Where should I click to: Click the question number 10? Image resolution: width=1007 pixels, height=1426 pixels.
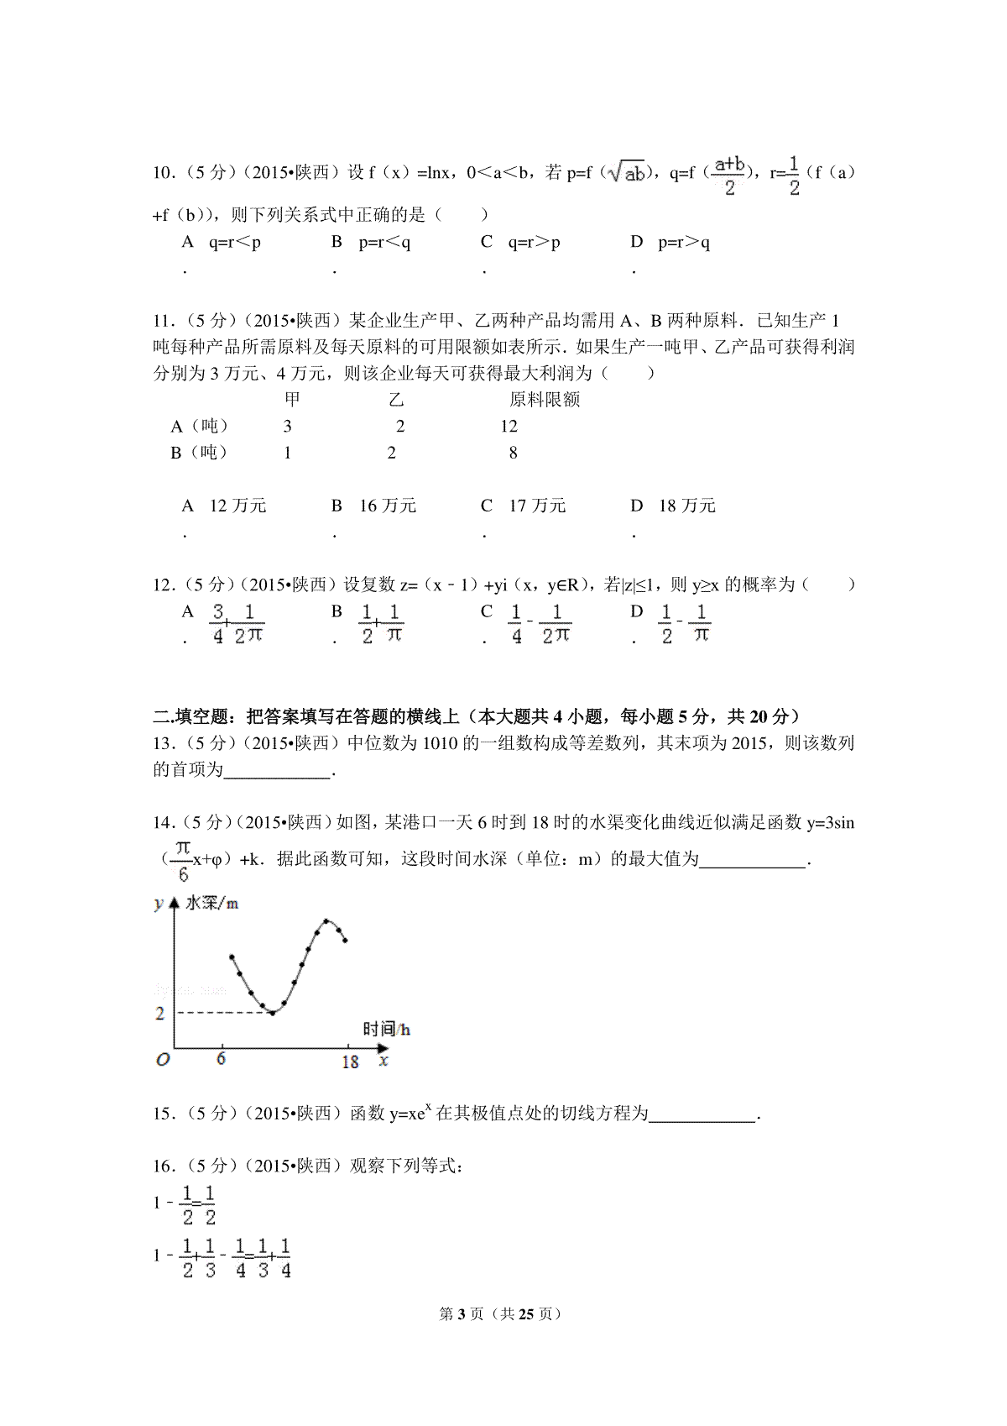click(162, 174)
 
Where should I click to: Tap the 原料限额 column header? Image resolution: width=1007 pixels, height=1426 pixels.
click(545, 400)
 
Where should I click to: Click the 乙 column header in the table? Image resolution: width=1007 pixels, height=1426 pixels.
click(396, 400)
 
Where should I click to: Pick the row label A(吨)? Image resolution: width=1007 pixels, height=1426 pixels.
click(200, 427)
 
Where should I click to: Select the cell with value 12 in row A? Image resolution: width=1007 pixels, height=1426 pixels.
click(509, 427)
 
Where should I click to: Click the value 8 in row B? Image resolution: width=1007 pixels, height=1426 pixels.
click(513, 453)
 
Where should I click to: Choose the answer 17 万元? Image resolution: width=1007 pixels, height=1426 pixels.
click(537, 506)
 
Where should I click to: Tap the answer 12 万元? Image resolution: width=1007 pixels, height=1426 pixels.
click(237, 506)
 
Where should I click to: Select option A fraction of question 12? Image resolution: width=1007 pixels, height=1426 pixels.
click(237, 625)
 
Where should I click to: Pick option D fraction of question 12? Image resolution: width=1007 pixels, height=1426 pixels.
click(685, 625)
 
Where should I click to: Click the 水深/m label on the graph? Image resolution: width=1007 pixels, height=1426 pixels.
click(211, 903)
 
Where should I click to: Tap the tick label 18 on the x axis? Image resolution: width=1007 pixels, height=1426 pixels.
click(350, 1062)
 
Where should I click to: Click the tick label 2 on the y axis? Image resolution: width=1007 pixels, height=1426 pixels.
click(160, 1014)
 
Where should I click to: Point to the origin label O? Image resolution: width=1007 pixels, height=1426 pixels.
click(163, 1059)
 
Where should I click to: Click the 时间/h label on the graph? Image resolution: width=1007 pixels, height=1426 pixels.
click(386, 1030)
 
